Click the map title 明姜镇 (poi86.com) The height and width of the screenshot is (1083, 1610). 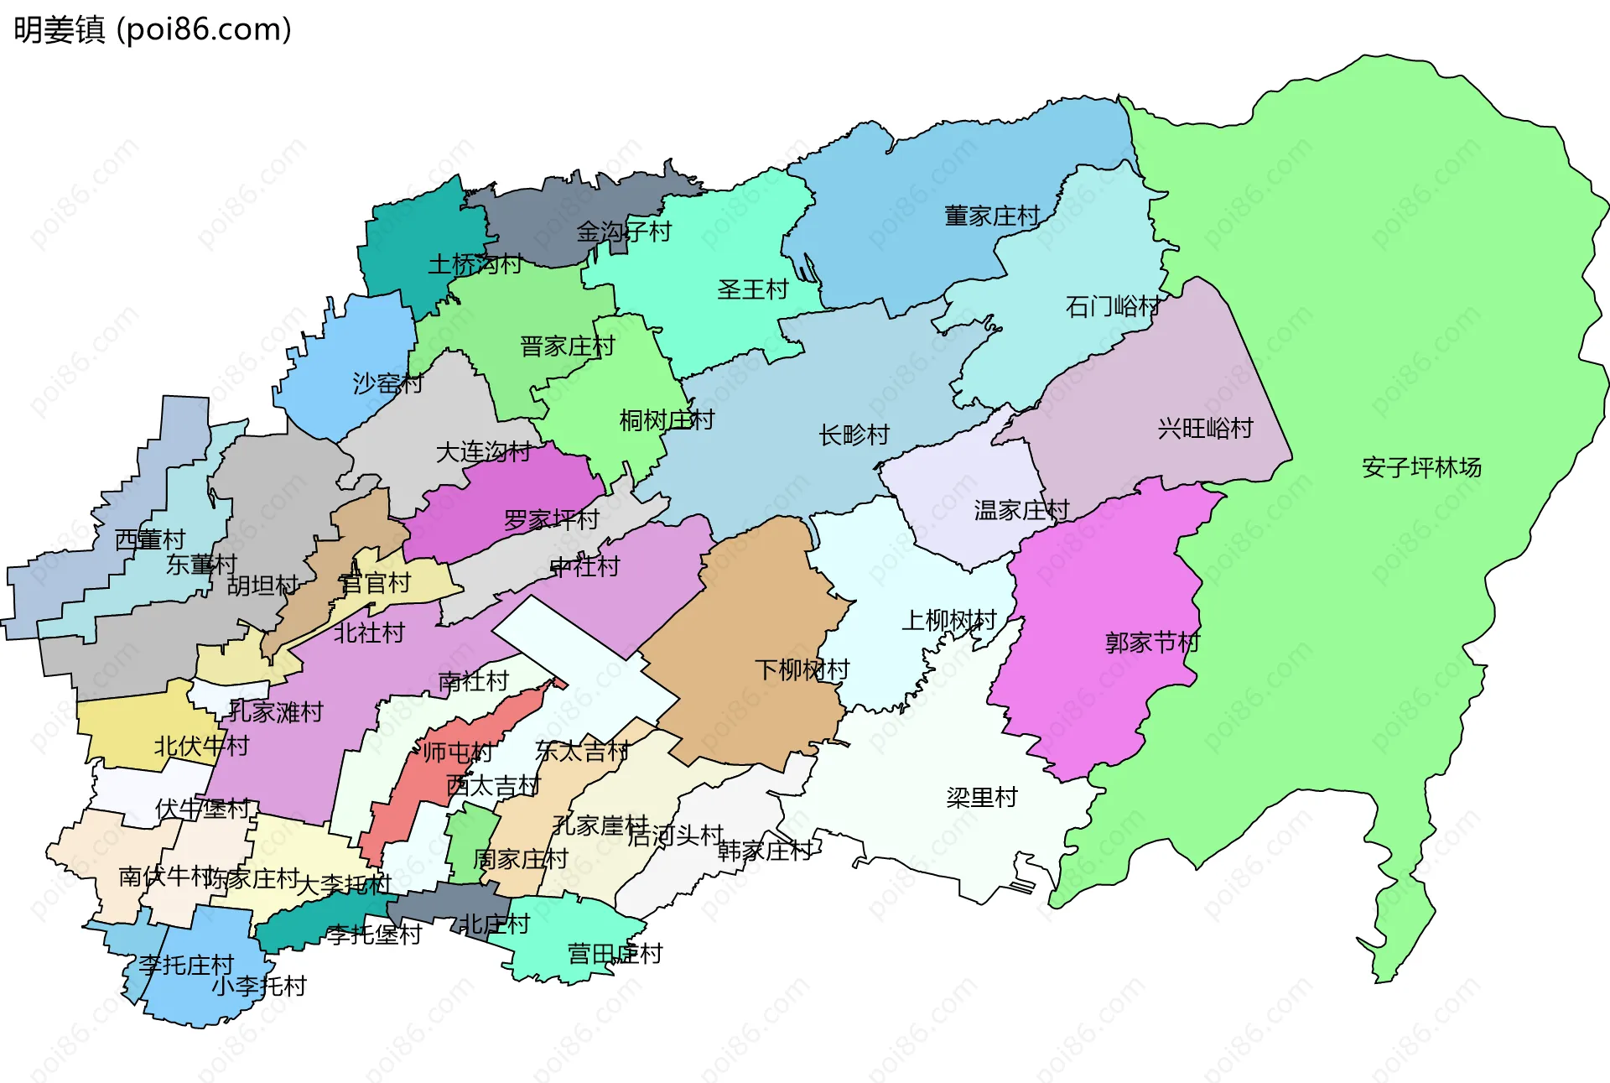coord(153,29)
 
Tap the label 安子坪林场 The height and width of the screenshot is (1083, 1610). coord(1420,467)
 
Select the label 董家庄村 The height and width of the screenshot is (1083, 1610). coord(992,216)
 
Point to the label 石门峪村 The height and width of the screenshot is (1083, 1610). coord(1113,307)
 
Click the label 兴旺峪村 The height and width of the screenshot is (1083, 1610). coord(1205,429)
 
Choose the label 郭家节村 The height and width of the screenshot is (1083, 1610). coord(1152,643)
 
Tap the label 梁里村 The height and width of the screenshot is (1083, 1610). coord(981,797)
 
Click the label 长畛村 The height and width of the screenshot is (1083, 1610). coord(854,435)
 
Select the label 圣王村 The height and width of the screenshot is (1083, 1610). coord(753,290)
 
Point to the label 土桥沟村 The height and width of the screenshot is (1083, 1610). coord(475,265)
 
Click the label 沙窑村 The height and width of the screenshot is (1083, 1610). coord(387,383)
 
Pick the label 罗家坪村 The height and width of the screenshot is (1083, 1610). coord(551,520)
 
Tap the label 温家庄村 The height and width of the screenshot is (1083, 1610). coord(1021,510)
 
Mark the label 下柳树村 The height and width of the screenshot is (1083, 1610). coord(802,669)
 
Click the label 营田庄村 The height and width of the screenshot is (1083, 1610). coord(615,954)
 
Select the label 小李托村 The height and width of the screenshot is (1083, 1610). coord(258,986)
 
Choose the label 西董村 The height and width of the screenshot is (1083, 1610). coord(149,539)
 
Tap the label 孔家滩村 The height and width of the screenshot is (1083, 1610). coord(276,712)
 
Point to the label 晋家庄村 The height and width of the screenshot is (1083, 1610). coord(567,346)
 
